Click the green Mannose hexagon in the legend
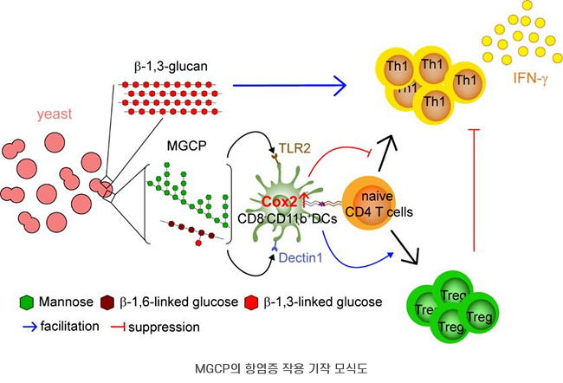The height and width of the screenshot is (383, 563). (x=27, y=302)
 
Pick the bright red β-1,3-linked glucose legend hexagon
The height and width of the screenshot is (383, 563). (x=252, y=302)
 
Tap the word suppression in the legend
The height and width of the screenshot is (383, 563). (x=164, y=328)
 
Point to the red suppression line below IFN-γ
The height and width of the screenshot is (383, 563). (x=473, y=191)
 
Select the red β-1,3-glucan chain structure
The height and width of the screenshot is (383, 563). (x=170, y=96)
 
